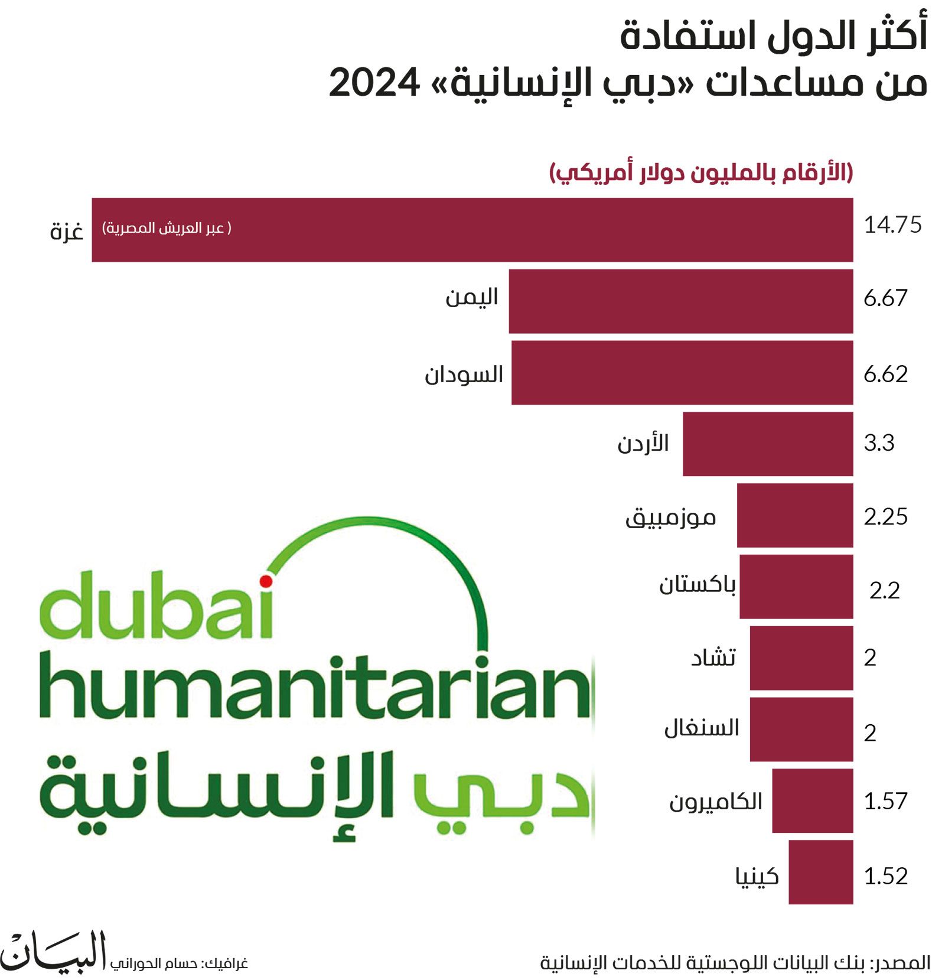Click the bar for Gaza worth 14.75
[472, 230]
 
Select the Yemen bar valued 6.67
[680, 301]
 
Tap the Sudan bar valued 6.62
[682, 373]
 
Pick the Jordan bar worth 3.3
[767, 444]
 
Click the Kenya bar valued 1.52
[820, 872]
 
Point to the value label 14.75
[892, 225]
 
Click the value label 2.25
[885, 516]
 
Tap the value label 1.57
[885, 801]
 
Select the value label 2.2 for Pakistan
[884, 590]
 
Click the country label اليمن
[471, 297]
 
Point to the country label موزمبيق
[670, 517]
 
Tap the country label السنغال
[701, 728]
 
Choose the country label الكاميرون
[715, 802]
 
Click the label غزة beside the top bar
[66, 230]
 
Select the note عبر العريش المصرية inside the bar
[167, 228]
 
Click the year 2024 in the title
[374, 83]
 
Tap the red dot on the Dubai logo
[266, 581]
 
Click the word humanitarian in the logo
[316, 688]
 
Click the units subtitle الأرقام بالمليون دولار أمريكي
[701, 173]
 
